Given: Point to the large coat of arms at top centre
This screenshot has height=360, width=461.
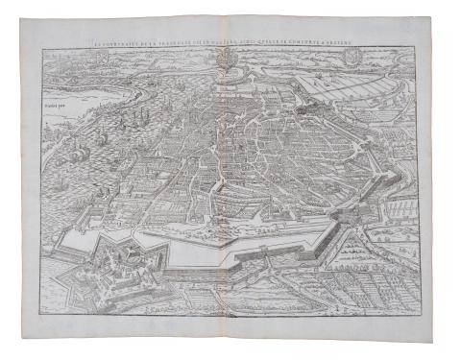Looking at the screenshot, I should click(x=223, y=60).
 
